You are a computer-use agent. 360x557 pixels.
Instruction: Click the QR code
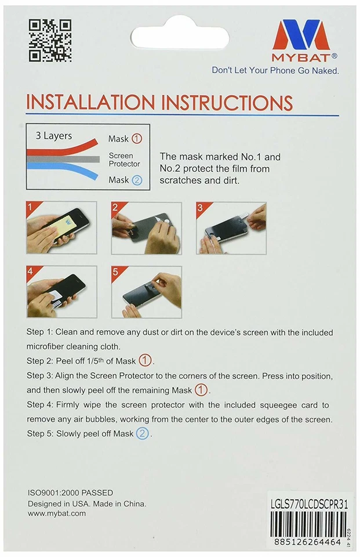click(x=50, y=41)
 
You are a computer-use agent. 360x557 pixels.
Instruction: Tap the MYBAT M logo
click(x=301, y=35)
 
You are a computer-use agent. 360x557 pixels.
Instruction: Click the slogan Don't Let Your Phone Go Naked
click(x=275, y=70)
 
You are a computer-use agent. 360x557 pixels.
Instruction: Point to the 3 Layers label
click(x=53, y=136)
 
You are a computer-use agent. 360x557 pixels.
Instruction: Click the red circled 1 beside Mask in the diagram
click(x=137, y=139)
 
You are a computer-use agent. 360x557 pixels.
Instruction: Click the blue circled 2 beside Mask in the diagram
click(x=137, y=180)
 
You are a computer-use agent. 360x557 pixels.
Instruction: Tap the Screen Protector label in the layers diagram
click(x=124, y=160)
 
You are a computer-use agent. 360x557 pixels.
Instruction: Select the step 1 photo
click(x=61, y=227)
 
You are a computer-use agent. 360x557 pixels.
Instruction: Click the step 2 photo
click(x=146, y=228)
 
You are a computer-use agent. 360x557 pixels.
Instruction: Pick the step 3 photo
click(x=231, y=228)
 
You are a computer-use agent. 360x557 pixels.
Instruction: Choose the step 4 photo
click(x=62, y=292)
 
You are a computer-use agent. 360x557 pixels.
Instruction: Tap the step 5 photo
click(x=147, y=292)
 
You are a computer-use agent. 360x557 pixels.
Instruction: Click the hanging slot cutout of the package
click(x=180, y=37)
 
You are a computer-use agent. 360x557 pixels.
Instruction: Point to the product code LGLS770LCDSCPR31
click(x=309, y=504)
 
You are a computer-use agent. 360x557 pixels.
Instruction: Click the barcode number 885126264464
click(x=307, y=542)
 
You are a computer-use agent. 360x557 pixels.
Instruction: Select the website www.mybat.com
click(x=57, y=513)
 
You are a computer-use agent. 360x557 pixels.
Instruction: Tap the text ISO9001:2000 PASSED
click(x=70, y=493)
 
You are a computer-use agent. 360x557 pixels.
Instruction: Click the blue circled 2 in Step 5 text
click(x=143, y=434)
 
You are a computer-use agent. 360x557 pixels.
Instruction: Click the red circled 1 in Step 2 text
click(x=145, y=360)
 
